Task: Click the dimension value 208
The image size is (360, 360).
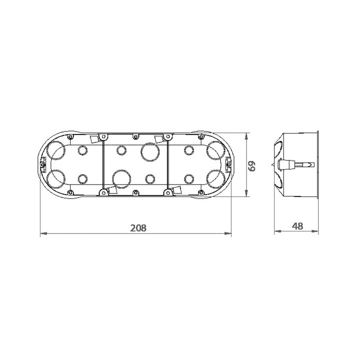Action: point(138,228)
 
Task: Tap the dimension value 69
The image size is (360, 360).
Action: point(252,166)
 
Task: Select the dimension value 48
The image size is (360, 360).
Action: point(297,226)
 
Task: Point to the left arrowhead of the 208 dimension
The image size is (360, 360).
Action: point(44,233)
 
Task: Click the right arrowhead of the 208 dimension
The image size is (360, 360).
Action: point(228,233)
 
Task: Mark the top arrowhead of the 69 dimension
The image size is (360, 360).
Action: point(246,136)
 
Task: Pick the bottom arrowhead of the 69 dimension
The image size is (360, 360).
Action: point(246,193)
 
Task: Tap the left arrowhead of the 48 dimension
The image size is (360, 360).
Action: point(278,231)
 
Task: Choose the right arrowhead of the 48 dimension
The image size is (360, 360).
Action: point(315,231)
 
